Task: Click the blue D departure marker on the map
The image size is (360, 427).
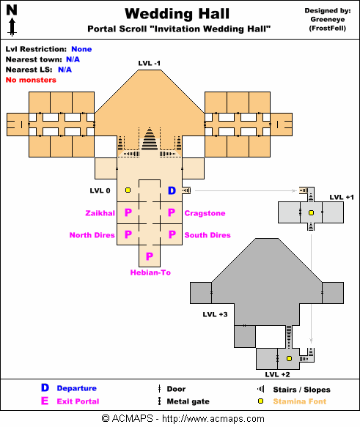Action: pos(172,190)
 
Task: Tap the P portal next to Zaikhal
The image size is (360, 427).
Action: pos(128,212)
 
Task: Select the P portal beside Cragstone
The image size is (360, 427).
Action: pos(172,212)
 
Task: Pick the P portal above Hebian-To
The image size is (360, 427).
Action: pos(150,256)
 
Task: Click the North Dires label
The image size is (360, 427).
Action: pos(92,235)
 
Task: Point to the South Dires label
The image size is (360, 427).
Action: pos(207,235)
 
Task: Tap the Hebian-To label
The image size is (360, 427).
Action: pos(150,272)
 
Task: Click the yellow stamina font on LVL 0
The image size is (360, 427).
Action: pos(128,190)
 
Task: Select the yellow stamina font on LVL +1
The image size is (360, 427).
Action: pos(311,212)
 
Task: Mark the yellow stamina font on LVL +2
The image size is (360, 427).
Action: pos(289,358)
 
